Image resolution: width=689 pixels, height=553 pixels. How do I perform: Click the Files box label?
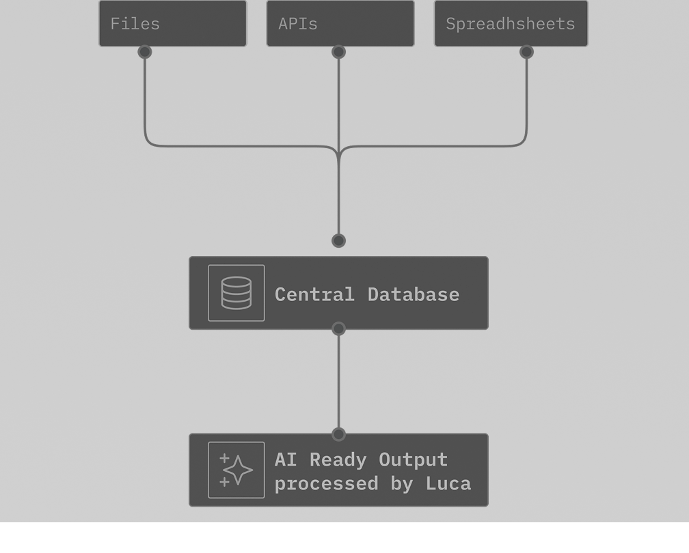click(x=135, y=24)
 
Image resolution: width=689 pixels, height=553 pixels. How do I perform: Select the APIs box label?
click(x=298, y=24)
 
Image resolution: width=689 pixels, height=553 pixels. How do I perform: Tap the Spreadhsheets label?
click(x=510, y=24)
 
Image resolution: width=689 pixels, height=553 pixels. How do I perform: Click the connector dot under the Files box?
click(x=144, y=52)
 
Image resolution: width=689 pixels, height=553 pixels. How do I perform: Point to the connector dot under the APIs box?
click(x=338, y=52)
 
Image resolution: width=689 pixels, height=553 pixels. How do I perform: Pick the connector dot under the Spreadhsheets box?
click(x=526, y=52)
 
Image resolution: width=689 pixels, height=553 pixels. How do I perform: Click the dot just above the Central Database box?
click(x=338, y=240)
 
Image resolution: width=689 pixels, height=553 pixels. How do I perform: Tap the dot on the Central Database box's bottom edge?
click(x=338, y=329)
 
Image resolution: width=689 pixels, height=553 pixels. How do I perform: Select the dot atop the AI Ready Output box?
click(x=338, y=434)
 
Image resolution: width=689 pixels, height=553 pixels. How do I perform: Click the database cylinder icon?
click(x=237, y=293)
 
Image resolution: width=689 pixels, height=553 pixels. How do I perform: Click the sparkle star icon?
click(x=237, y=470)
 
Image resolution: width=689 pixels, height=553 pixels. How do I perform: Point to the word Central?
click(x=314, y=294)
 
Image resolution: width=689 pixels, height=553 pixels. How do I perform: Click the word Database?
click(x=413, y=294)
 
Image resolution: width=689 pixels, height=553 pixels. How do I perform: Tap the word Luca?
click(x=448, y=483)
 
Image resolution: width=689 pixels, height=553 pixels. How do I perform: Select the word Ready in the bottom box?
click(x=338, y=459)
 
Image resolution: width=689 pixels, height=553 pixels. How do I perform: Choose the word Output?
click(x=413, y=459)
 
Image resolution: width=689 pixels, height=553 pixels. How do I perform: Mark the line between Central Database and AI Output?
click(x=338, y=382)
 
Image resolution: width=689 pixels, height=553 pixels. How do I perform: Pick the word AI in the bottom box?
click(x=286, y=459)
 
